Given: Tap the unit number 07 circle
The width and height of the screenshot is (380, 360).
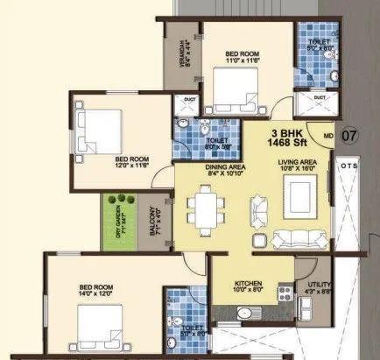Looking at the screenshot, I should pyautogui.click(x=348, y=136).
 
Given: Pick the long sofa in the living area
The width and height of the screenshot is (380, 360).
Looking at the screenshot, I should pyautogui.click(x=296, y=238).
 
